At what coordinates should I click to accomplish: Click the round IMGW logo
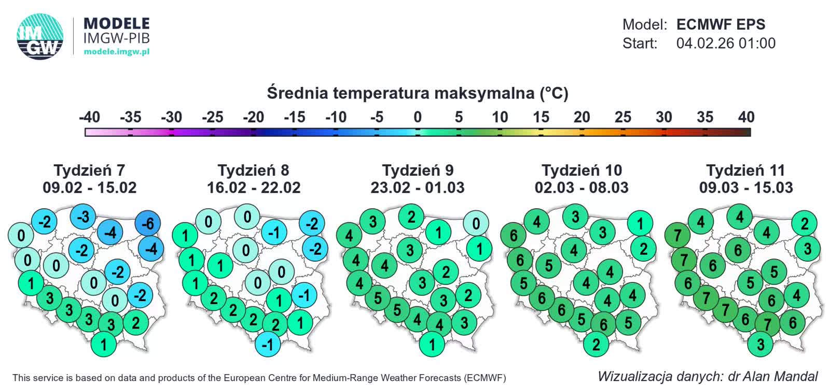40,36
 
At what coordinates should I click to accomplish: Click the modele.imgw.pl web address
116,52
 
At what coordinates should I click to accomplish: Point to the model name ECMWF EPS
721,24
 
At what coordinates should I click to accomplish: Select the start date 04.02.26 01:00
725,43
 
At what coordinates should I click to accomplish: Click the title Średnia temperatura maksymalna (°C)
418,93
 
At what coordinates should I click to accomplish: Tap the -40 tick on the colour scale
89,117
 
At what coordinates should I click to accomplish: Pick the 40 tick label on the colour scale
746,117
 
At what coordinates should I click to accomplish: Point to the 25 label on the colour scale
622,117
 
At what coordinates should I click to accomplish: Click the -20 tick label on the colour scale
253,117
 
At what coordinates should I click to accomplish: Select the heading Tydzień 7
89,170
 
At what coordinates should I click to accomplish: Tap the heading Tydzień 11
745,170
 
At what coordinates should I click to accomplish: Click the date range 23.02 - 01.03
417,187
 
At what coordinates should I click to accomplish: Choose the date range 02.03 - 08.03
582,187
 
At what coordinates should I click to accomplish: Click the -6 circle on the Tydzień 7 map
148,224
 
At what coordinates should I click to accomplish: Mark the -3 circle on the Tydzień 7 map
83,217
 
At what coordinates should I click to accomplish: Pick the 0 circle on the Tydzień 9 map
476,224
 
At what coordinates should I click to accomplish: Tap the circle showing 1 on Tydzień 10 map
640,224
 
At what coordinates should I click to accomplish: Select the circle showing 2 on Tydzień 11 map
805,224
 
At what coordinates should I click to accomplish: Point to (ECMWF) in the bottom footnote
485,378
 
